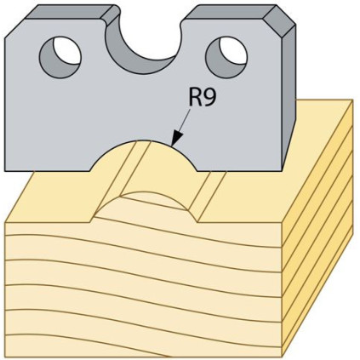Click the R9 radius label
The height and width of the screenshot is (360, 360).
coord(203,98)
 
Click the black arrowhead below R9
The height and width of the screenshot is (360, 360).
coord(176,140)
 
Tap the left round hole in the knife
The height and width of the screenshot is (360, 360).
coord(60,57)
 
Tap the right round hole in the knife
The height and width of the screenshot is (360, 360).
coord(226,57)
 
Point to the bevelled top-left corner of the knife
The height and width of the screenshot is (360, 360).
coord(15,27)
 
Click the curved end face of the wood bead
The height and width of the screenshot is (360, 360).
coord(145,206)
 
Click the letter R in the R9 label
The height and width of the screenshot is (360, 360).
coord(195,98)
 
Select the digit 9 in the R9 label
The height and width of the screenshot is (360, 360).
coord(209,98)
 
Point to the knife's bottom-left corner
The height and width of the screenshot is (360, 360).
coord(5,171)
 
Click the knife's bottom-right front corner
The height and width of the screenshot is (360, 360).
coord(282,171)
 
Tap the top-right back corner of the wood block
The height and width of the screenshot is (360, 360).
coord(352,100)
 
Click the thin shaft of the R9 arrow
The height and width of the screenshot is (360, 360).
coord(185,121)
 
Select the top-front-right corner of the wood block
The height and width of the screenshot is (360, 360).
coord(282,223)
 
